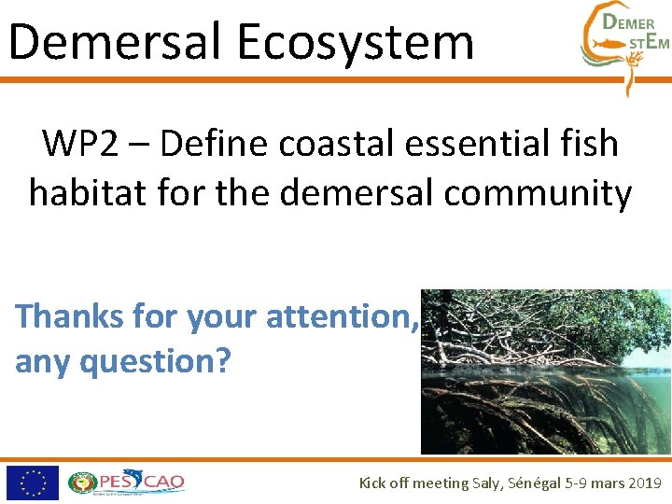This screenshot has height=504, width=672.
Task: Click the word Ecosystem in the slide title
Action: coord(355,42)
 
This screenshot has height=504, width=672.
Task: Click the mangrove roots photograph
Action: coord(545,371)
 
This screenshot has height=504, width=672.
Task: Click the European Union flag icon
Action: coord(33,483)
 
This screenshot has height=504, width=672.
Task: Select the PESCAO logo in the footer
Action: coord(127,483)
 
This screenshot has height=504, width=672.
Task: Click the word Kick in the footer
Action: coord(374,483)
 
